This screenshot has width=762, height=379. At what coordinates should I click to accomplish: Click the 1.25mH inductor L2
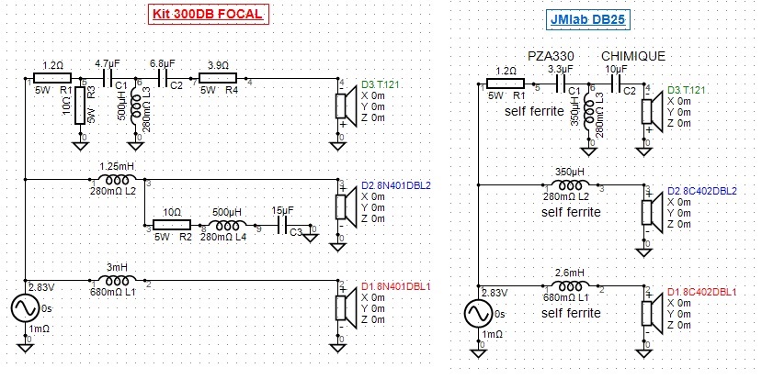117,180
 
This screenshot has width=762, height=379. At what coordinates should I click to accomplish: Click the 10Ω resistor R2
171,225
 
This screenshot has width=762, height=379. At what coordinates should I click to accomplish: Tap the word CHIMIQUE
632,57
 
